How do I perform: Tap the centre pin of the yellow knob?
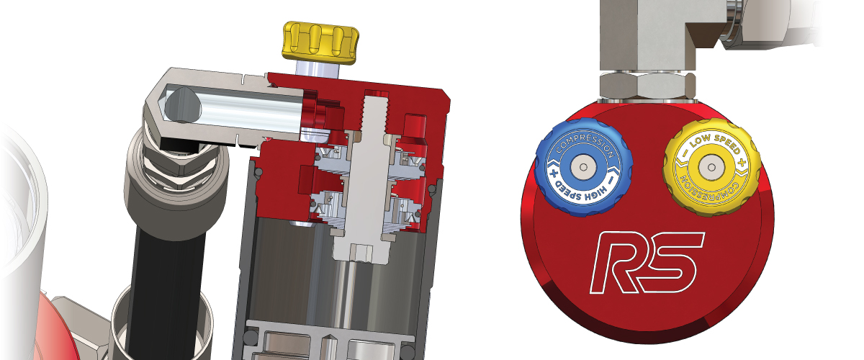[711, 167]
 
